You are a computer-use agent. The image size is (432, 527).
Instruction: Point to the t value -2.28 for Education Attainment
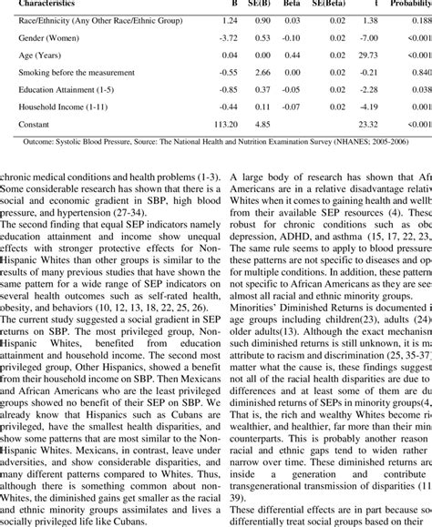tap(369, 89)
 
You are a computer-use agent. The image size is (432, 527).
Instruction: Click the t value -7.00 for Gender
tap(369, 38)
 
